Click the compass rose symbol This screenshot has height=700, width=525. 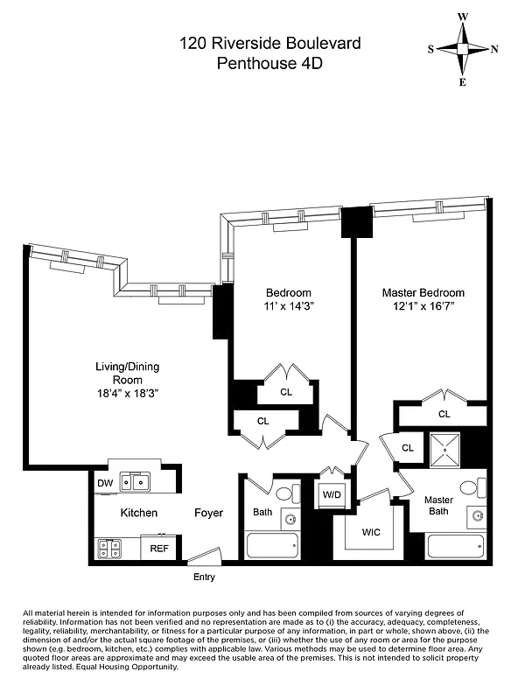(463, 49)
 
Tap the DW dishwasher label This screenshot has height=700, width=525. (105, 482)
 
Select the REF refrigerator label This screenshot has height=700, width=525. (158, 549)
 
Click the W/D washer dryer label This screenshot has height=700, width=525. (332, 495)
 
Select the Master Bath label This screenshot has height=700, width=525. (438, 506)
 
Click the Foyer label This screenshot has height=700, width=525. (208, 513)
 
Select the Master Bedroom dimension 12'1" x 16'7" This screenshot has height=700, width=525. (423, 308)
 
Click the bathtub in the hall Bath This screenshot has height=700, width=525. (275, 546)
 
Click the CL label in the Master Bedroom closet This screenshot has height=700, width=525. (444, 414)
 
